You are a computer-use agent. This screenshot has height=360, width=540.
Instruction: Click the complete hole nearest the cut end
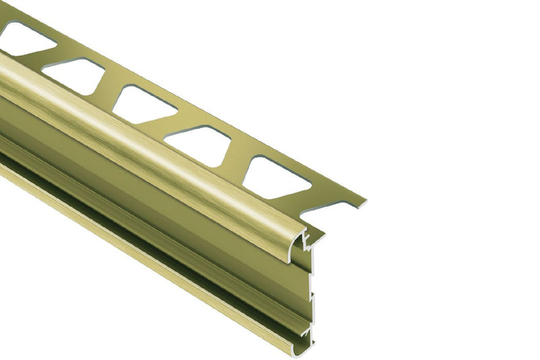[x=277, y=178]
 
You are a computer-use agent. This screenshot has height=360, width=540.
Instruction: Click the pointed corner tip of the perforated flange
[x=364, y=201]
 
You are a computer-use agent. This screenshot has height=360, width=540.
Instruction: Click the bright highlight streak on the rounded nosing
[x=135, y=135]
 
